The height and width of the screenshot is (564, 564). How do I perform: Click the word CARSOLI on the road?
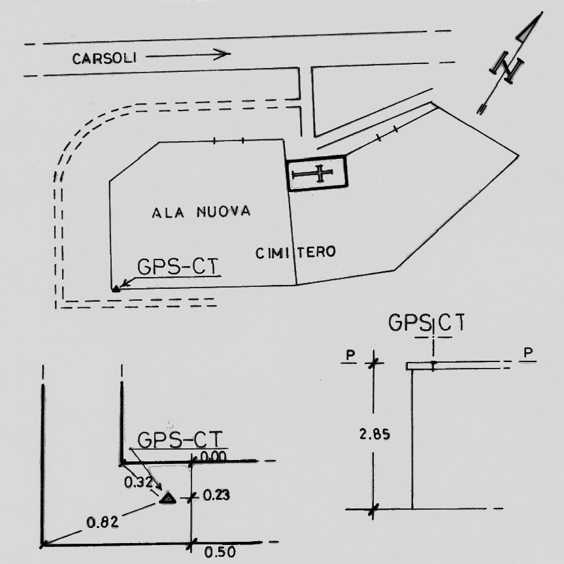click(x=104, y=58)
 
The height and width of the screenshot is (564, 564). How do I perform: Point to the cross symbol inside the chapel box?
click(x=317, y=174)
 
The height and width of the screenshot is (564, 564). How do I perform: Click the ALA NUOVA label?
click(x=201, y=212)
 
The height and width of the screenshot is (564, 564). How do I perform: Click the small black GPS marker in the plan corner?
click(x=116, y=288)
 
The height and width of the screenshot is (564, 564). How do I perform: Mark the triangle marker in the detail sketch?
click(x=168, y=499)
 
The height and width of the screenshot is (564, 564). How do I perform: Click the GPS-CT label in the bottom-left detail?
click(x=178, y=439)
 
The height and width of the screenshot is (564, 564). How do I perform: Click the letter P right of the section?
click(x=528, y=353)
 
